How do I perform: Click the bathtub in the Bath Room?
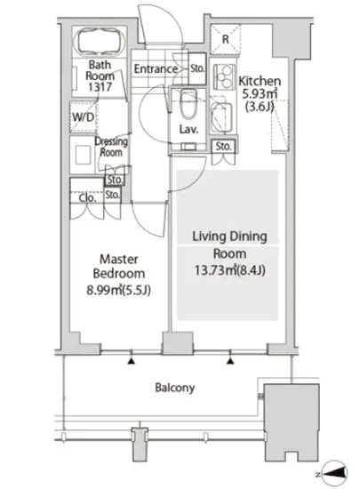(100, 42)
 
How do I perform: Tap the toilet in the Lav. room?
(188, 104)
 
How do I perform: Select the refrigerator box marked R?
(226, 39)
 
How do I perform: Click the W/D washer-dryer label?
(84, 117)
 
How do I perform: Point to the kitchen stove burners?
(224, 76)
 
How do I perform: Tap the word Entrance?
(156, 68)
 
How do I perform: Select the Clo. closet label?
(87, 197)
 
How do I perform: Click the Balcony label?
(175, 388)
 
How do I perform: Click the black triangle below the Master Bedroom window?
(132, 362)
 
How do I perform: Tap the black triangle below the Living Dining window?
(230, 361)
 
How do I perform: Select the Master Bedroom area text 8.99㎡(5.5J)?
(118, 291)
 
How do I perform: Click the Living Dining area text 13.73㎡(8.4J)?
(230, 270)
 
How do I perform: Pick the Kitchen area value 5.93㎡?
(260, 93)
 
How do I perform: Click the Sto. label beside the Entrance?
(197, 68)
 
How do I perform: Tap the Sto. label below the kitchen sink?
(223, 146)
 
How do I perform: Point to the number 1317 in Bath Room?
(100, 87)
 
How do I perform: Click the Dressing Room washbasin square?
(83, 155)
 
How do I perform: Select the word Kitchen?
(260, 81)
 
